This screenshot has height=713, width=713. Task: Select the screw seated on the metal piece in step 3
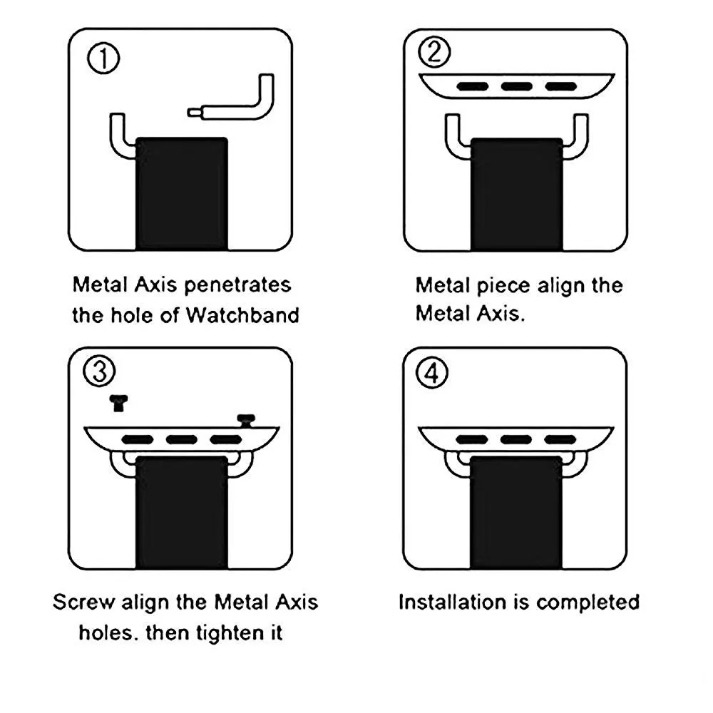pos(246,420)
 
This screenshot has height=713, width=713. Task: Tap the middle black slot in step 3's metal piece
pos(181,438)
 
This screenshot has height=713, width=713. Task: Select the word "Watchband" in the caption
pos(242,315)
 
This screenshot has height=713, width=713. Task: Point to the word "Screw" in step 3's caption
pos(83,602)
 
